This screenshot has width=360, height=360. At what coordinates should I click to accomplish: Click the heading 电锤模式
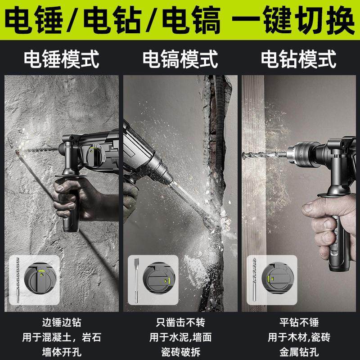pos(61,59)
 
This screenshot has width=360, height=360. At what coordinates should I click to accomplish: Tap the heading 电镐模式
pos(180,59)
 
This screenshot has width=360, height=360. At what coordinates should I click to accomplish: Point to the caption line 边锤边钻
pos(61,323)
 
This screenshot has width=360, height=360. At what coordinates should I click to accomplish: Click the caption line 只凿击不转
pos(180,323)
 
